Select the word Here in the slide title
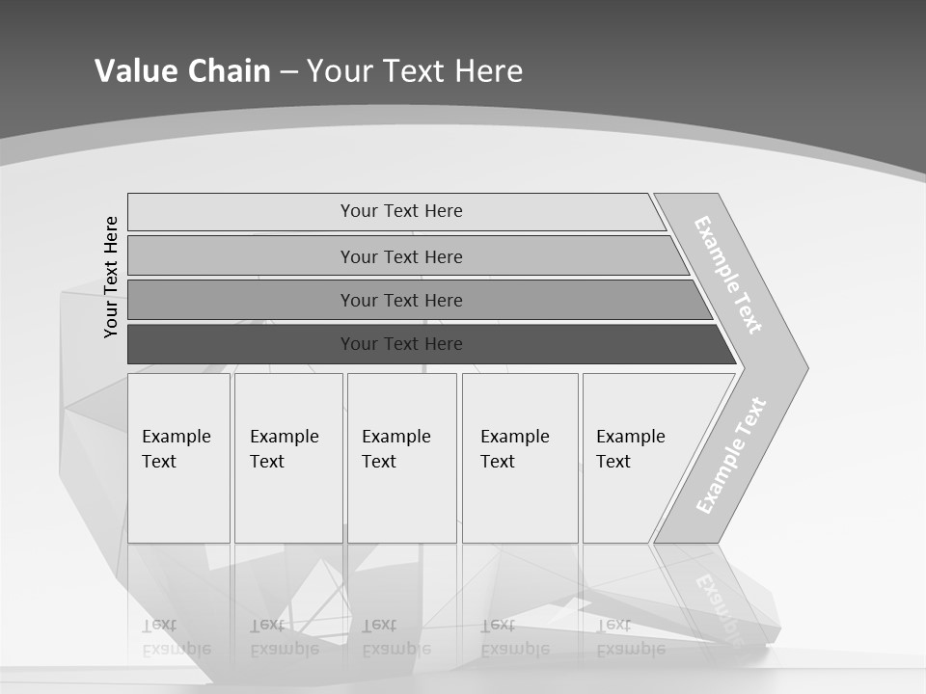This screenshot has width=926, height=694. click(488, 70)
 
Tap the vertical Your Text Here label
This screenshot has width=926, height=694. click(111, 277)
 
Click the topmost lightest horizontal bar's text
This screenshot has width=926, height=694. click(401, 211)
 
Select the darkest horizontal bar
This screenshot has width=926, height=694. click(401, 344)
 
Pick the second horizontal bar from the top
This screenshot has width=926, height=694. click(401, 256)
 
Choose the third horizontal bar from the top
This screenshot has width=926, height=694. click(401, 300)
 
